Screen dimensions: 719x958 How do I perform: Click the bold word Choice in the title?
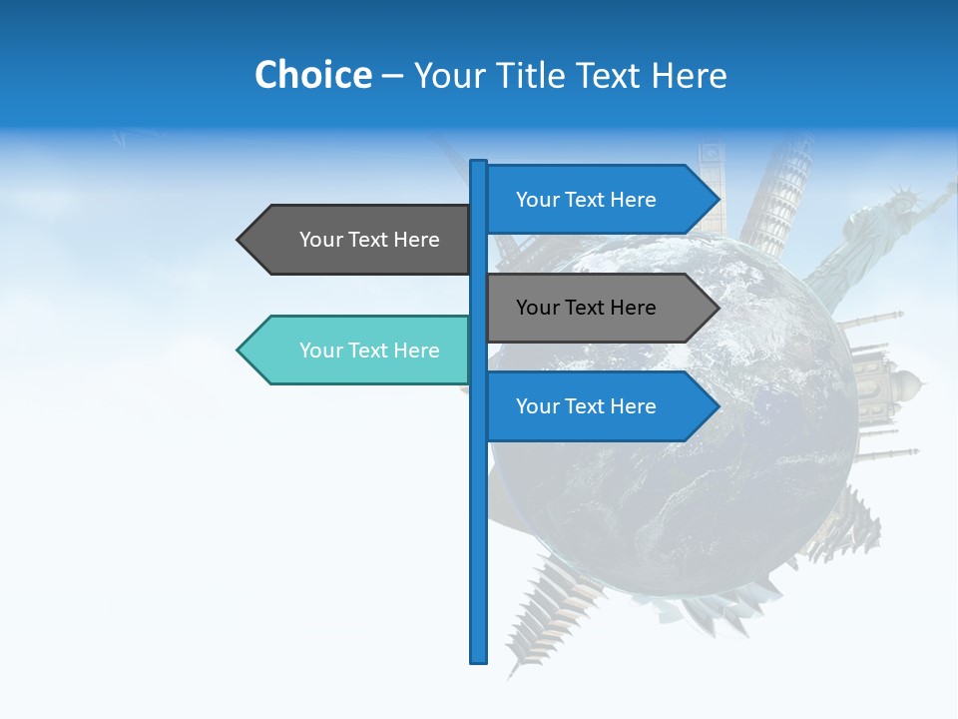[312, 75]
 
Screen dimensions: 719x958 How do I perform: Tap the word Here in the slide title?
[689, 75]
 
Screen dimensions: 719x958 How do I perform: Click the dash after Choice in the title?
[392, 76]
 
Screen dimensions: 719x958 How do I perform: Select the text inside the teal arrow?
[369, 351]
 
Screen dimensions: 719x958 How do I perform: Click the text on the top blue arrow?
[586, 200]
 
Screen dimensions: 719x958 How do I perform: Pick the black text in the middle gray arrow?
[586, 308]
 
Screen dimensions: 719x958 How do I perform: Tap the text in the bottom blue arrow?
[586, 406]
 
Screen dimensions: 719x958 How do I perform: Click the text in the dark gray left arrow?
[369, 240]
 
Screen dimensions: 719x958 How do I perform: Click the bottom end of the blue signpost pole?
[479, 658]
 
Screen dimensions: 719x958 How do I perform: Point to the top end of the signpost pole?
[479, 164]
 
